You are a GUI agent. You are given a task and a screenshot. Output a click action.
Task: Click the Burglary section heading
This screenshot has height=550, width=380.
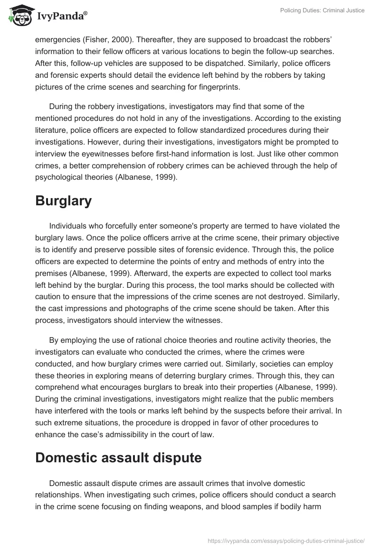(x=63, y=201)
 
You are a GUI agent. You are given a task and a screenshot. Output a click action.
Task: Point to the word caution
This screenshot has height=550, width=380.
(x=50, y=297)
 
